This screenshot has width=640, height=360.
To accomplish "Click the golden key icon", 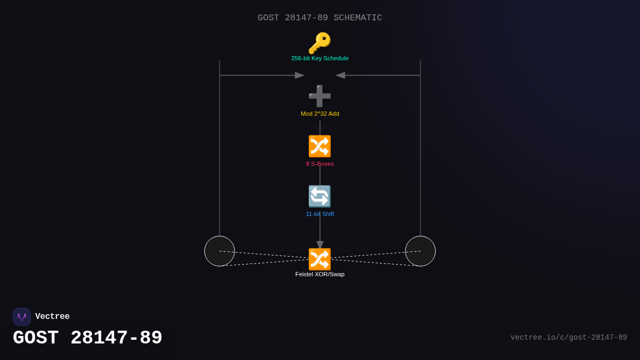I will (x=319, y=43).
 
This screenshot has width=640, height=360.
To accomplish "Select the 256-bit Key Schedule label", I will (x=320, y=58).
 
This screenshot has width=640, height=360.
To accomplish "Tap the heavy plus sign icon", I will (x=319, y=96).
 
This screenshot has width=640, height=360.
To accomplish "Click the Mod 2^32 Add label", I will (x=320, y=114).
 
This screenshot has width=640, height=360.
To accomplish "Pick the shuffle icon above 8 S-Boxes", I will (x=319, y=146).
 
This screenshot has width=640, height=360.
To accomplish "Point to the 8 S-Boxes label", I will (x=320, y=164).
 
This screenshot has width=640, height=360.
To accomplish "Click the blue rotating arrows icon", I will (x=319, y=196).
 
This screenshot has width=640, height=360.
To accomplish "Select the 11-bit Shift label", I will (x=320, y=214).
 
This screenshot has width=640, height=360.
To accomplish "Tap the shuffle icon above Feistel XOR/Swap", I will (x=319, y=259).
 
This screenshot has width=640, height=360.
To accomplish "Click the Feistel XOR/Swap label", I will (x=320, y=274).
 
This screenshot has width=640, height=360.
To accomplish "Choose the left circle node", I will (x=220, y=251).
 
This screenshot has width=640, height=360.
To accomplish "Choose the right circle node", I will (x=420, y=251).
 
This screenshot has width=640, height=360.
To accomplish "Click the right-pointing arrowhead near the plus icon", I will (x=300, y=75).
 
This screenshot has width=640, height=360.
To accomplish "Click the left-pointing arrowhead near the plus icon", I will (x=340, y=75).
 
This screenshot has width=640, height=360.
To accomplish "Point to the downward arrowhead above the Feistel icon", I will (x=320, y=245).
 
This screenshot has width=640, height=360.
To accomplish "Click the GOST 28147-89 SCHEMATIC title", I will (x=320, y=18).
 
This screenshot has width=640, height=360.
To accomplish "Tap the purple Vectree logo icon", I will (x=22, y=317).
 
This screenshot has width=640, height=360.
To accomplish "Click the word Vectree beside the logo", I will (x=52, y=317).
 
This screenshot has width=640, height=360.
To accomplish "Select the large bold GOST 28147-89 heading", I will (x=87, y=338).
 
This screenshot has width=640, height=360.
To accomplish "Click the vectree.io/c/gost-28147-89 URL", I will (x=569, y=338).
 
